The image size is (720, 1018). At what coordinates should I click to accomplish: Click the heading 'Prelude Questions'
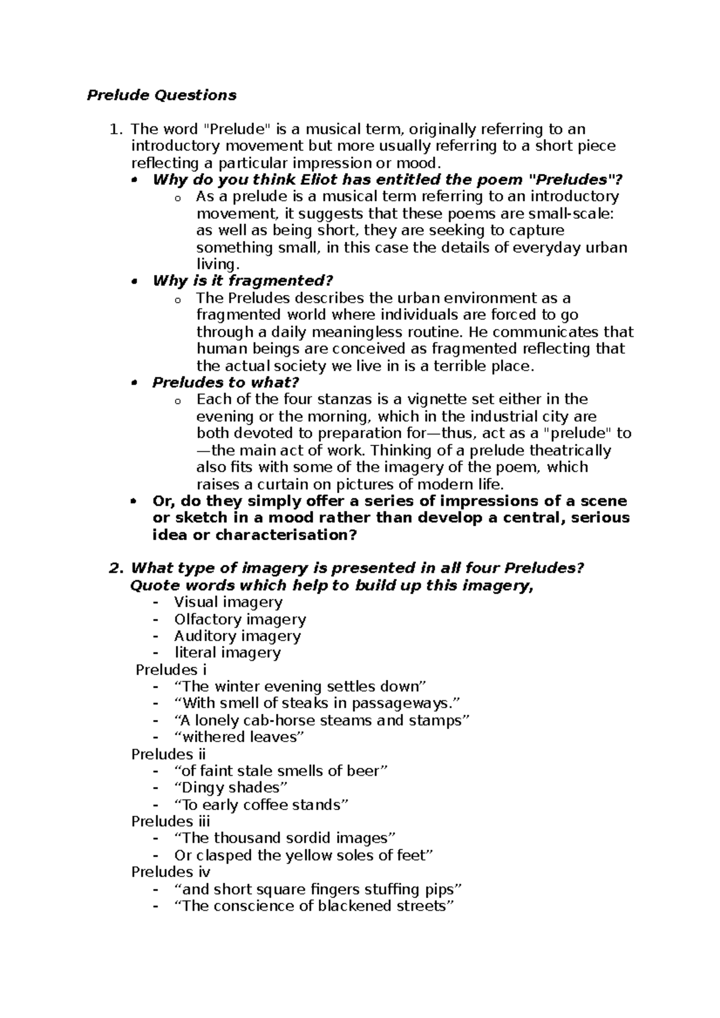pos(161,95)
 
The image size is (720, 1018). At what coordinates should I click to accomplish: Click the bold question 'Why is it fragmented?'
pos(242,281)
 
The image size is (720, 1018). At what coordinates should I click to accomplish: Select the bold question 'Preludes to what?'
pos(226,382)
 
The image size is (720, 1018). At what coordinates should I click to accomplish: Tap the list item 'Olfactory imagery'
pos(240,619)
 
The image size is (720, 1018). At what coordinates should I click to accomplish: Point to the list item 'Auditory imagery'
pos(238,636)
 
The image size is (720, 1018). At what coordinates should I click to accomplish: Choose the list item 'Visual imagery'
pos(228,602)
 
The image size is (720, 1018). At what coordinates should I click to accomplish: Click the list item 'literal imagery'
pos(227,652)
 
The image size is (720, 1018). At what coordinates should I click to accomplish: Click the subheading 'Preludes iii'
pos(170,821)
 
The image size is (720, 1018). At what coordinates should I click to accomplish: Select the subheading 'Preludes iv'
pos(170,872)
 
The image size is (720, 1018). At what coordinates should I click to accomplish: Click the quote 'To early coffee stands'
pos(261,805)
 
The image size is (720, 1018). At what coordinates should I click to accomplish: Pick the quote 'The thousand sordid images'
pos(285,838)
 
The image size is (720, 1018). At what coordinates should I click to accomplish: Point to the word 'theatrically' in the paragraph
pos(571,450)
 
